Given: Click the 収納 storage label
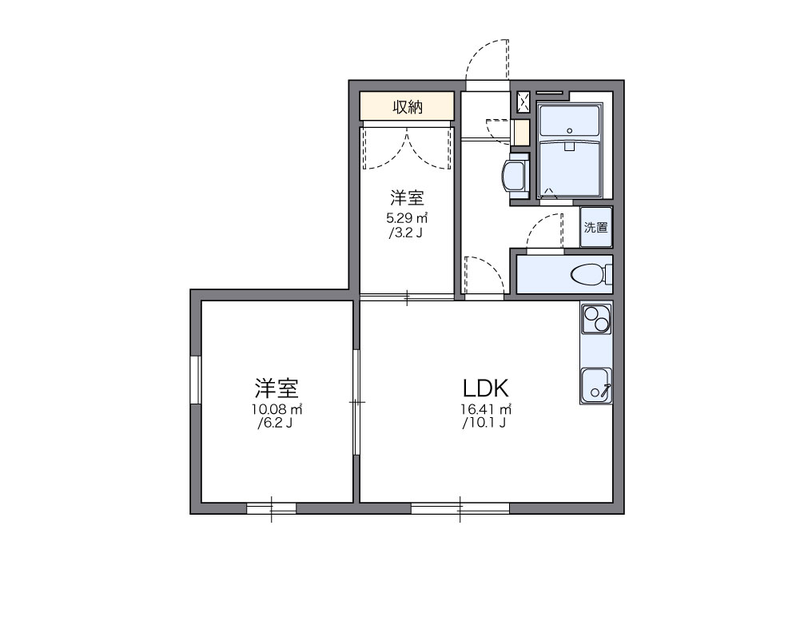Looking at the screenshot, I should click(x=407, y=107).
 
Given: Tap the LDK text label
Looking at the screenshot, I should click(x=485, y=388).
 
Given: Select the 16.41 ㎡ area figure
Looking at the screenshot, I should click(x=485, y=409).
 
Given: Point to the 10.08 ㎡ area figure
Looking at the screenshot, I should click(x=277, y=409).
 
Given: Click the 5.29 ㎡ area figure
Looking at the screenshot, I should click(x=407, y=217).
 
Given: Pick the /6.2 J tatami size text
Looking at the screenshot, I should click(x=277, y=424).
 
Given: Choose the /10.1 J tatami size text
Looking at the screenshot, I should click(x=484, y=424).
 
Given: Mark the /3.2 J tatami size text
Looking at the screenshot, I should click(x=406, y=233).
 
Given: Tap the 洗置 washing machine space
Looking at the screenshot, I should click(x=595, y=227).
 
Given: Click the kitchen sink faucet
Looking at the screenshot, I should click(x=605, y=390).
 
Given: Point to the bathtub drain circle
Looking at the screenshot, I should click(x=568, y=130).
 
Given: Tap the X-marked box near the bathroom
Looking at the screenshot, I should click(x=523, y=102).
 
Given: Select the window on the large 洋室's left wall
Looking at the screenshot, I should click(x=194, y=380).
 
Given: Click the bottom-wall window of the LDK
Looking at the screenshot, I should click(x=460, y=508).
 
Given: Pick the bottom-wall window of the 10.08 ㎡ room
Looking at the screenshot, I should click(x=271, y=508).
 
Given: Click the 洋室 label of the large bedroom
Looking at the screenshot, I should click(x=277, y=388).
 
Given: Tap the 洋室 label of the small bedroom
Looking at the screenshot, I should click(x=407, y=197).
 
